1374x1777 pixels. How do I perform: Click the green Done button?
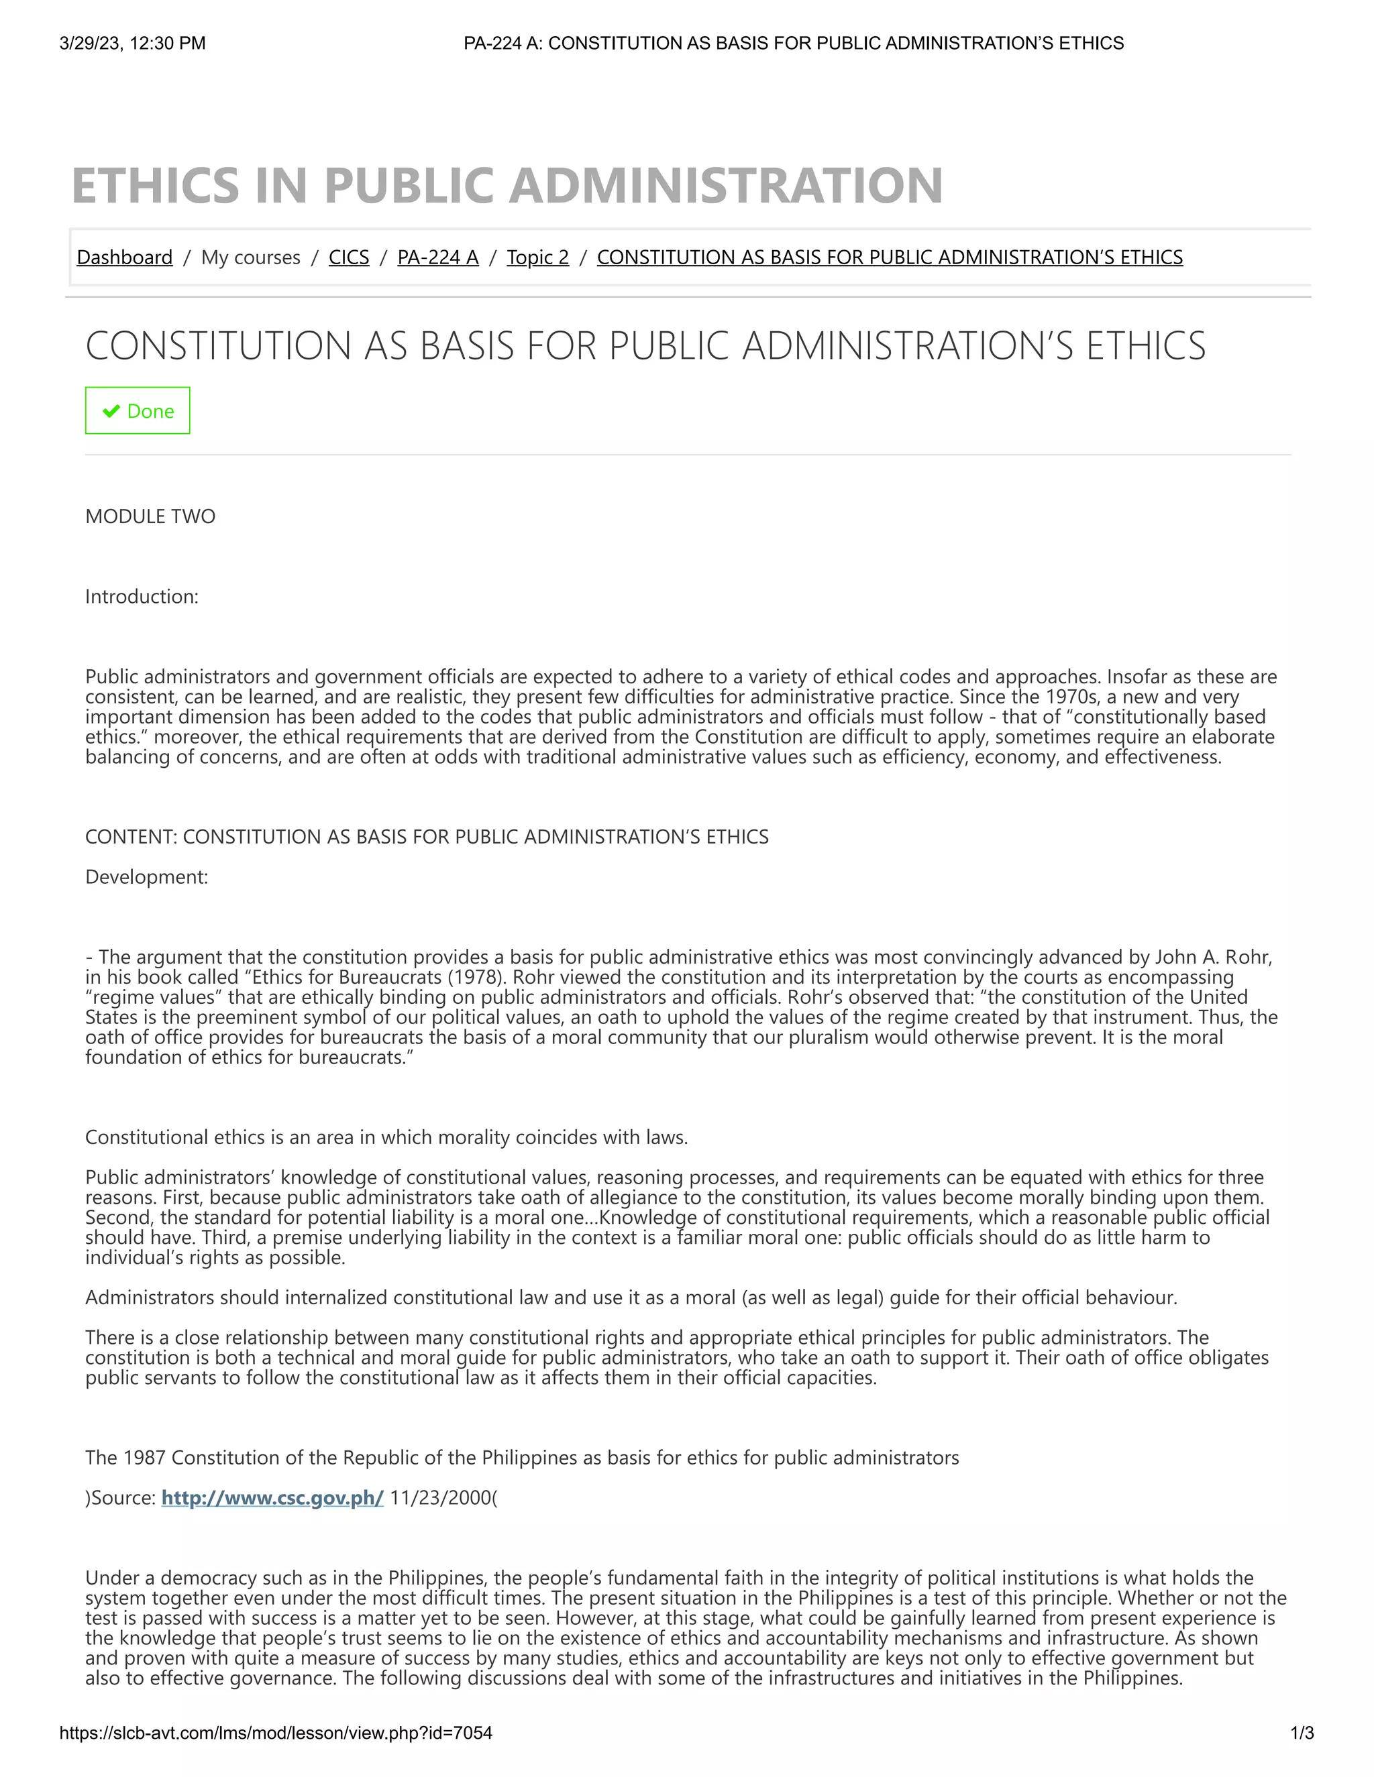tap(138, 411)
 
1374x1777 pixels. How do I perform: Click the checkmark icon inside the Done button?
tap(111, 411)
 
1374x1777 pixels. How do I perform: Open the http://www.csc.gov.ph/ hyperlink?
tap(272, 1497)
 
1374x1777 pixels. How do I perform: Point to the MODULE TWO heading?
tap(150, 516)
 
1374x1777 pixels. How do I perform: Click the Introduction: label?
tap(142, 596)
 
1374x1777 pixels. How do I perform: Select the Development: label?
tap(146, 877)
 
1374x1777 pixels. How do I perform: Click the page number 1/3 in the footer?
tap(1302, 1733)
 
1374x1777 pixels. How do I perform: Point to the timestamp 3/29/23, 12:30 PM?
tap(133, 43)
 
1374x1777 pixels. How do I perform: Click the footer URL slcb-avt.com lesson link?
tap(276, 1733)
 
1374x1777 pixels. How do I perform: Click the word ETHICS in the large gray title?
tap(156, 186)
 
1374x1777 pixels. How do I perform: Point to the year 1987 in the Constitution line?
tap(144, 1457)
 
